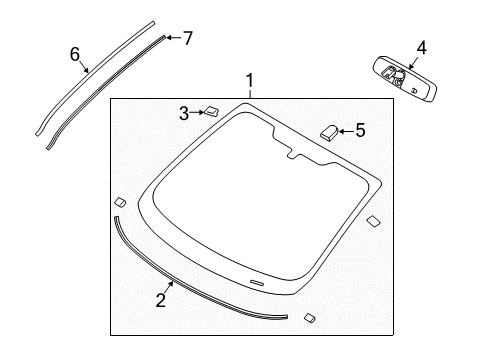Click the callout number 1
pos(251,81)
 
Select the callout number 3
pos(184,113)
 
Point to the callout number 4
pos(421,47)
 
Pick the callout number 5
pos(361,129)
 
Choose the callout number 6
pos(74,54)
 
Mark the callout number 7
pos(187,38)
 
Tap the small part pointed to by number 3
pos(212,111)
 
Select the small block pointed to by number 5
pos(329,129)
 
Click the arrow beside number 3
pos(197,113)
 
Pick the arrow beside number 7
pos(172,38)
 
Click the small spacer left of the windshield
pos(119,199)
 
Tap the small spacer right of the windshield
pos(372,220)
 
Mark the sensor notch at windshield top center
pos(294,152)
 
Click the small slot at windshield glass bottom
pos(258,283)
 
